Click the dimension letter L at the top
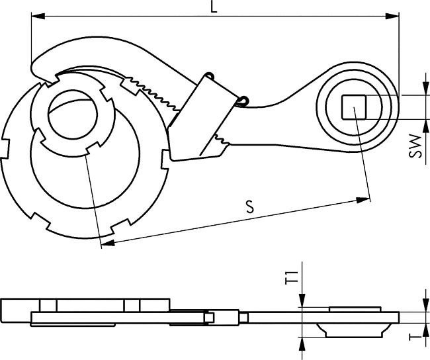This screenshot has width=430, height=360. [x=214, y=7]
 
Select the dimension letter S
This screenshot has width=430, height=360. [x=250, y=206]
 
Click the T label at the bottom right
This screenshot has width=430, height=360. [x=415, y=334]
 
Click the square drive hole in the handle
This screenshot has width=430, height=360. [x=354, y=107]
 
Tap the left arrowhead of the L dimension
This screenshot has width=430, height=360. [x=38, y=16]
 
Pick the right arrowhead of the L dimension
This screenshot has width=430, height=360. [x=392, y=16]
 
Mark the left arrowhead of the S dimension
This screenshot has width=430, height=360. [x=107, y=242]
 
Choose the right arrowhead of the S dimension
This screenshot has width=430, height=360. [x=363, y=200]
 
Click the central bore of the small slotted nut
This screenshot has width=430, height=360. [x=73, y=113]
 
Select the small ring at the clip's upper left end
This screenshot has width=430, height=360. [x=210, y=75]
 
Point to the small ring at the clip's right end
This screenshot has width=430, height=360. [x=243, y=101]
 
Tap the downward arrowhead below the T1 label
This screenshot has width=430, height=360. [x=302, y=300]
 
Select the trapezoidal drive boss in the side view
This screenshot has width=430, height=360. [x=353, y=330]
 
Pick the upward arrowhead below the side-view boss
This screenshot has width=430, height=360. [x=302, y=344]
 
